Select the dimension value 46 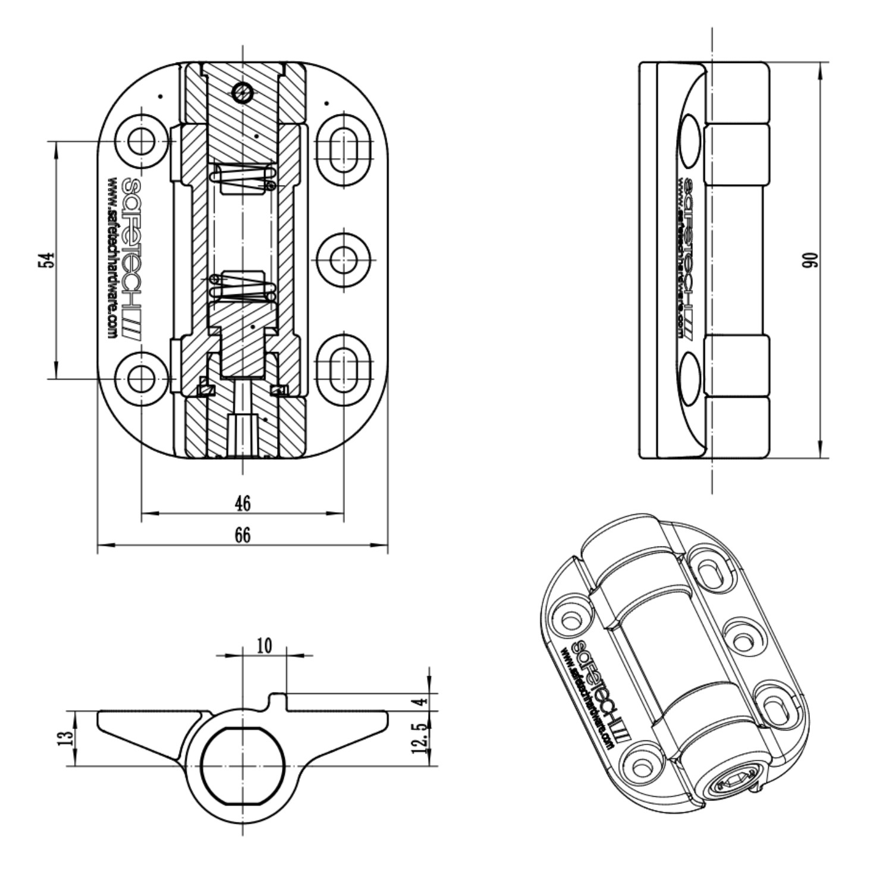click(x=242, y=503)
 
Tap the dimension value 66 click(x=242, y=535)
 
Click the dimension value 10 click(x=264, y=645)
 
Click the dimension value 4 click(x=421, y=701)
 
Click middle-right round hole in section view click(x=343, y=260)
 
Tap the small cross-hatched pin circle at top click(x=243, y=92)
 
